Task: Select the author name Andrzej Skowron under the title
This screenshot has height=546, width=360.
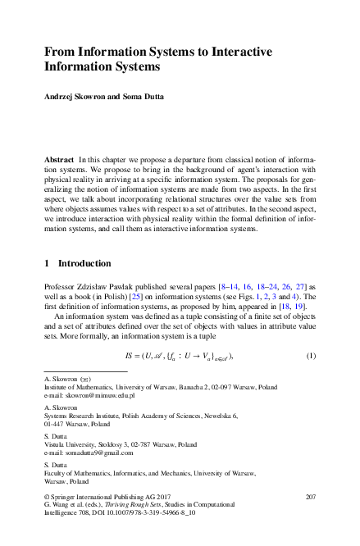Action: [75, 97]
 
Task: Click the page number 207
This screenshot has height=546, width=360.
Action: [310, 498]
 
